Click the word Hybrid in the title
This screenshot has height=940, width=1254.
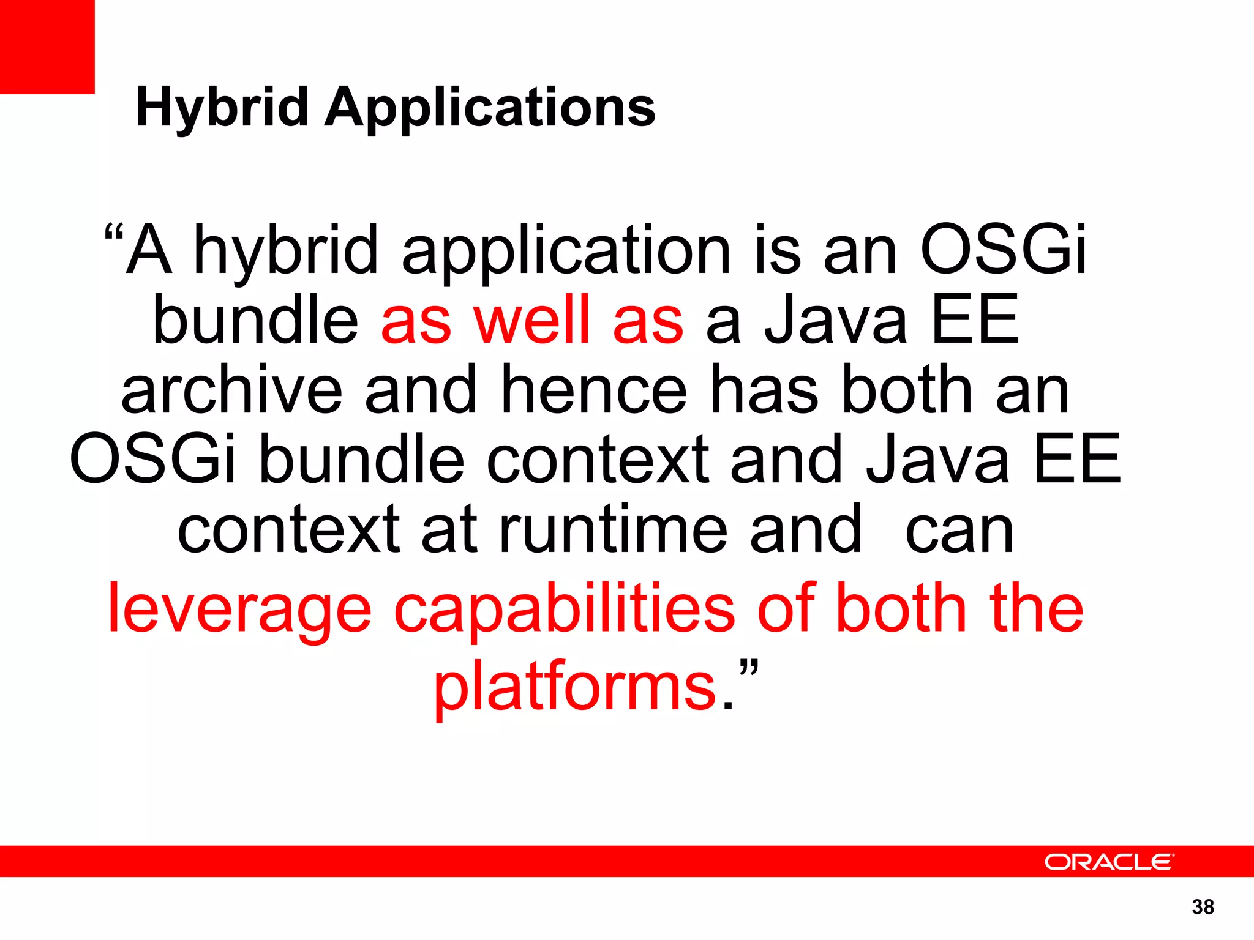pos(222,108)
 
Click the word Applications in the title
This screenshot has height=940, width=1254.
pos(490,108)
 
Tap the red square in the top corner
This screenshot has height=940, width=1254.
pos(47,47)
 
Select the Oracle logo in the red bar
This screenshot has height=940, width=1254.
pos(1109,862)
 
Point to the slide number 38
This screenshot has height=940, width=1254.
pos(1203,907)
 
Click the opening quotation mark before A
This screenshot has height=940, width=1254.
pos(115,235)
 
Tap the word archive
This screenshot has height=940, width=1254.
pos(231,390)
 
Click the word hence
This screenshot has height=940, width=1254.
pos(594,390)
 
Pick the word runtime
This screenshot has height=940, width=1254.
pos(614,530)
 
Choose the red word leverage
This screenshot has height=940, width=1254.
pos(239,609)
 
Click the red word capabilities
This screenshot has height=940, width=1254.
pos(564,609)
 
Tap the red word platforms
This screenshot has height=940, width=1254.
pos(575,688)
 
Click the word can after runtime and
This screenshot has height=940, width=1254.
pos(959,530)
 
